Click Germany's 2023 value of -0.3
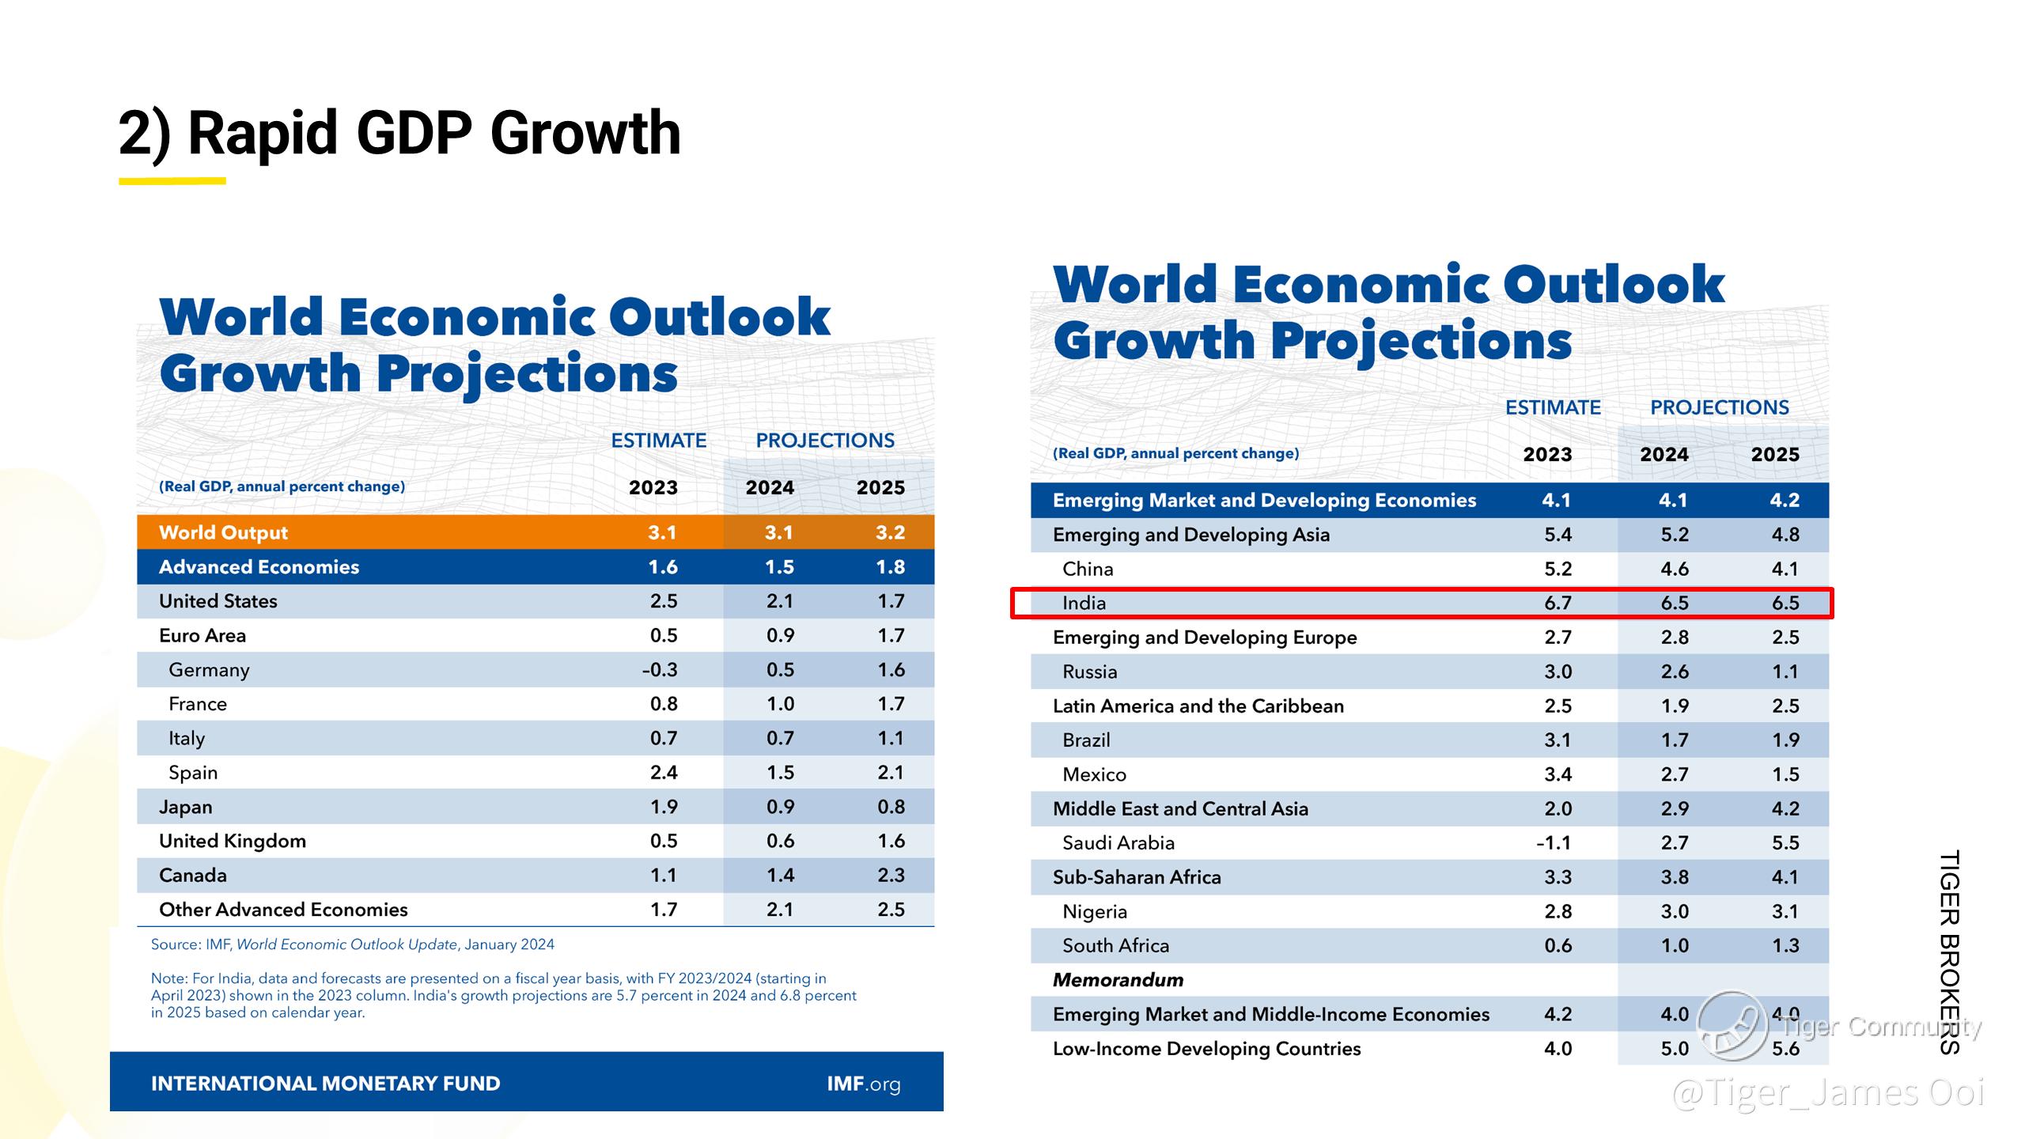tap(660, 670)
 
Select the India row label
tap(1084, 604)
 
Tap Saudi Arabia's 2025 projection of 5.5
tap(1785, 843)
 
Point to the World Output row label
tap(223, 532)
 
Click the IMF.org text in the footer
tap(863, 1084)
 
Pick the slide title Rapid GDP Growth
tap(399, 133)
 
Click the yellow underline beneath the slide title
tap(172, 181)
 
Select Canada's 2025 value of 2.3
tap(891, 876)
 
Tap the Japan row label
tap(186, 807)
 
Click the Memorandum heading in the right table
tap(1118, 980)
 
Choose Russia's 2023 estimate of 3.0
tap(1558, 672)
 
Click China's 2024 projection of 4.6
tap(1675, 569)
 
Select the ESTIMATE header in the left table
tap(658, 441)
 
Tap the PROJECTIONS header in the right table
tap(1719, 407)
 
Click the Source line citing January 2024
tap(353, 944)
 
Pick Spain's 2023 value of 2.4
tap(664, 773)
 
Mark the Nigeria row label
tap(1094, 912)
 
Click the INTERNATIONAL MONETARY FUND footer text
tap(325, 1084)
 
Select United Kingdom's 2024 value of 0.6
tap(780, 842)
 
